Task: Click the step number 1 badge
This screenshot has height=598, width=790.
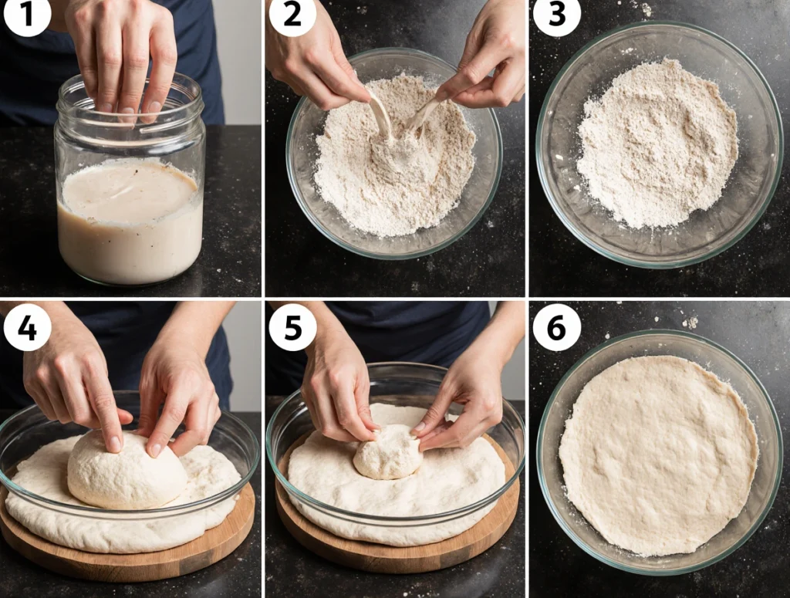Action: click(26, 15)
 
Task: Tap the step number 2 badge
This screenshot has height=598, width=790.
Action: click(292, 15)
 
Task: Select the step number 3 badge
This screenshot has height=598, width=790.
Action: click(557, 15)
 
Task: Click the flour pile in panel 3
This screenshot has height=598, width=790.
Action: click(657, 144)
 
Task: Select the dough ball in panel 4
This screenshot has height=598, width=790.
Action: click(127, 470)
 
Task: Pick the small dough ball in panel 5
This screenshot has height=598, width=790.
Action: click(388, 452)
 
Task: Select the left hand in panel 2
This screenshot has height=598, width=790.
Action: click(315, 56)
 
